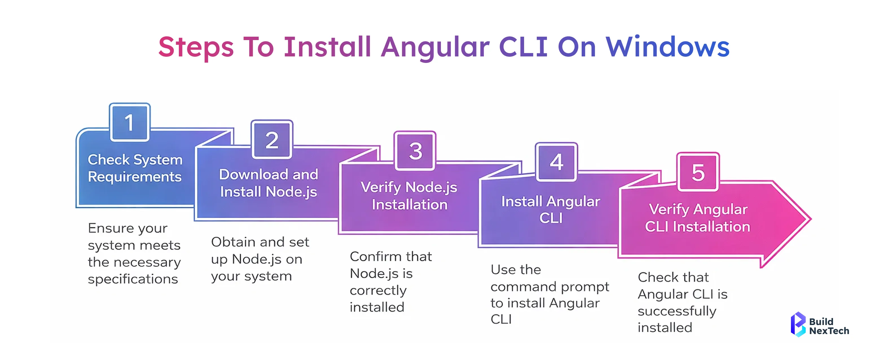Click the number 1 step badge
click(x=129, y=122)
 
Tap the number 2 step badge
click(x=272, y=139)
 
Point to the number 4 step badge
click(x=556, y=162)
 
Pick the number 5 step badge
click(x=698, y=172)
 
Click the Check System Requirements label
click(x=135, y=168)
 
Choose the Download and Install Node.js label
click(x=269, y=183)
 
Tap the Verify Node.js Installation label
click(x=409, y=196)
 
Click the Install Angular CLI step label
click(x=551, y=210)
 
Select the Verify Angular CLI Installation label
click(x=698, y=218)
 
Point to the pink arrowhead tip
click(x=811, y=219)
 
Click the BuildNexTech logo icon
click(x=798, y=324)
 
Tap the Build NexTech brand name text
click(x=829, y=326)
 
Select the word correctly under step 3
click(x=378, y=291)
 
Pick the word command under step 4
click(x=523, y=287)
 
